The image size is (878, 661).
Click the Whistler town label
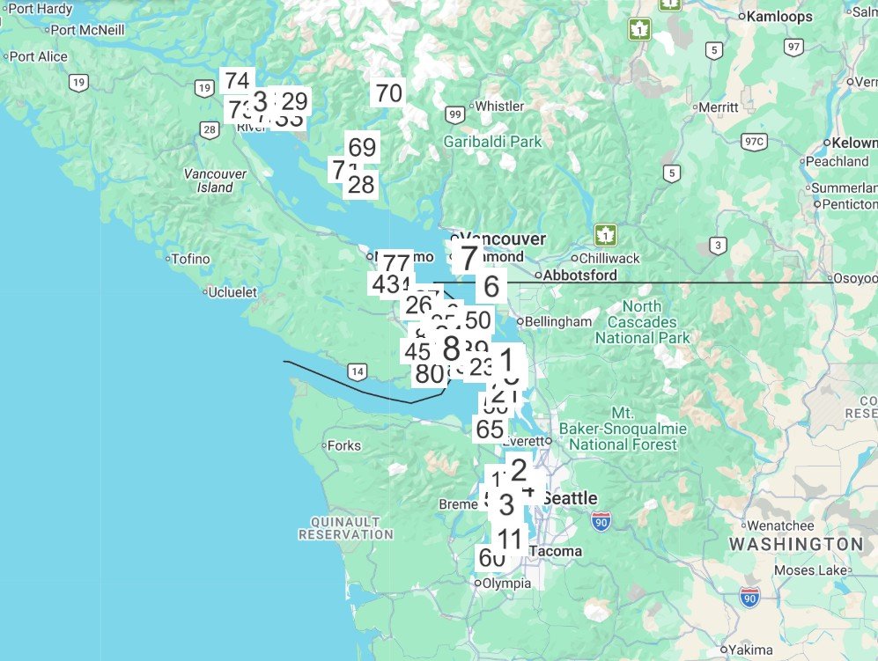[x=498, y=106]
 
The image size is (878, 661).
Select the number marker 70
[x=388, y=92]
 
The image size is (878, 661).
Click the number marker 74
[x=237, y=81]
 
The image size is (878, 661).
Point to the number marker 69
[x=362, y=147]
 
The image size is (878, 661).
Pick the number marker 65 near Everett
[x=490, y=430]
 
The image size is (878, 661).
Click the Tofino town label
[x=190, y=259]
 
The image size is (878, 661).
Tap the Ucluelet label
[x=232, y=292]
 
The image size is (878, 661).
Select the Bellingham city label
[x=559, y=321]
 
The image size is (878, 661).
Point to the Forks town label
[x=343, y=445]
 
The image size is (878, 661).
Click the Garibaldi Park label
[x=492, y=142]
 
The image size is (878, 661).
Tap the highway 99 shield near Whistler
[x=454, y=114]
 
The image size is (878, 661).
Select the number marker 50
[x=477, y=320]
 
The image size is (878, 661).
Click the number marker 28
[x=361, y=185]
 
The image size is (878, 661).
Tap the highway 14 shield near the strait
[x=357, y=372]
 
